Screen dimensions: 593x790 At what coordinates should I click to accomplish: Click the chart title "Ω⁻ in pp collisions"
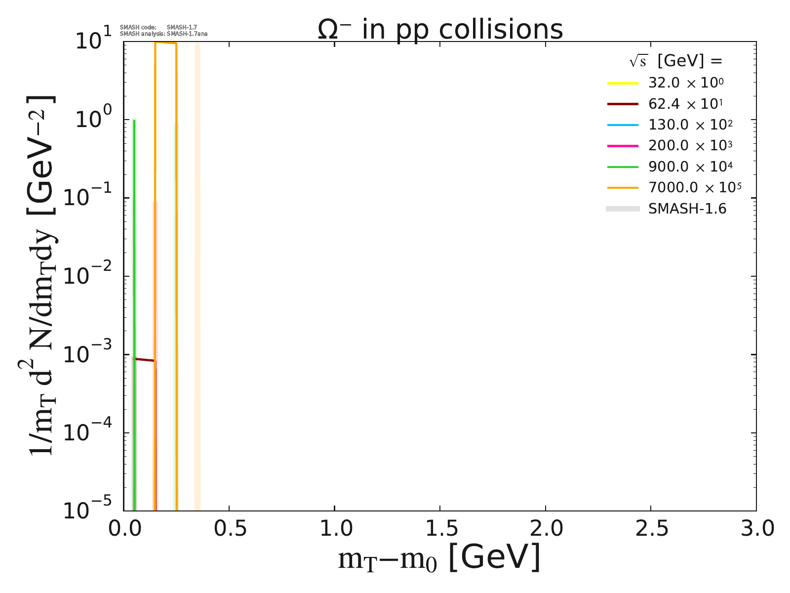440,30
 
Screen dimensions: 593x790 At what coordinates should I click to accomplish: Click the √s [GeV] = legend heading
675,61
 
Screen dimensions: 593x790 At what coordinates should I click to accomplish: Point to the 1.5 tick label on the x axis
439,529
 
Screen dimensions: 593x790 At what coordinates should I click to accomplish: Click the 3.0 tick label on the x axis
755,529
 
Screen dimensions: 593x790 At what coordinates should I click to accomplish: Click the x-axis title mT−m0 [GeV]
439,558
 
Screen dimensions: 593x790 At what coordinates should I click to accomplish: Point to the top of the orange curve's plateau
165,43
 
